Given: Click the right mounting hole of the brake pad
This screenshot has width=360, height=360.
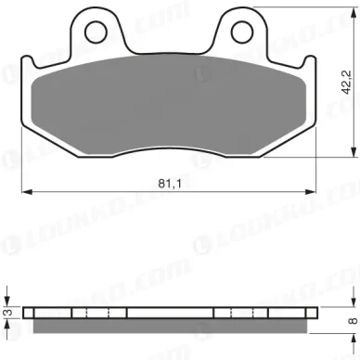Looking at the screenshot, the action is coord(242,32).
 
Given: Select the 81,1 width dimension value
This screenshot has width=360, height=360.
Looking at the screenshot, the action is coord(170,184).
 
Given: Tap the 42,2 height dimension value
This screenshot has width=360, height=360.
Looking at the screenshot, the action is coord(346,82).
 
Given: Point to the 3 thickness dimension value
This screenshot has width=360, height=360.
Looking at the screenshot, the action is coord(9,313).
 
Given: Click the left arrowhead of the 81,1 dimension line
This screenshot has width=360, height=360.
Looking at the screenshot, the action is coord(27,192).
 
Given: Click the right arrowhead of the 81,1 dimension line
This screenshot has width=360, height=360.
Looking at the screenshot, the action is coord(311,192).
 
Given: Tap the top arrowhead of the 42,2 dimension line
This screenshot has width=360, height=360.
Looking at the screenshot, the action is coord(354,12).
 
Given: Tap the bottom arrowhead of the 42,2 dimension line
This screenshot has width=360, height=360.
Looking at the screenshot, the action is coord(354,152).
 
